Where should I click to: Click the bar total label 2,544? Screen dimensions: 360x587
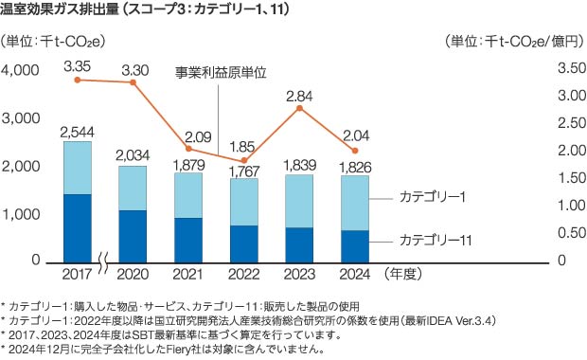point(78,132)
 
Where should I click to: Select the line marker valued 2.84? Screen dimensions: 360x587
point(299,108)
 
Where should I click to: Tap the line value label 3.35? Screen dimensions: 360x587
point(77,65)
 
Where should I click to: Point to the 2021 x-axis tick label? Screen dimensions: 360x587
point(187,276)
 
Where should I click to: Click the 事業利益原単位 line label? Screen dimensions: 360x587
point(222,72)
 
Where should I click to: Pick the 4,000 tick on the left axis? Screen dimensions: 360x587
point(23,71)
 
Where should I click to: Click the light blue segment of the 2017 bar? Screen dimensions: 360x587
point(78,168)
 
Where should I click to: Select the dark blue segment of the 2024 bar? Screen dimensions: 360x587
point(354,245)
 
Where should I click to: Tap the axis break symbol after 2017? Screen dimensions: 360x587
point(107,261)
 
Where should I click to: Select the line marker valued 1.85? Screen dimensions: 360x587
point(244,160)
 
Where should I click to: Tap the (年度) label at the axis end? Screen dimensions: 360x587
point(403,276)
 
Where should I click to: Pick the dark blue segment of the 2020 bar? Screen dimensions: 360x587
point(133,235)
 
